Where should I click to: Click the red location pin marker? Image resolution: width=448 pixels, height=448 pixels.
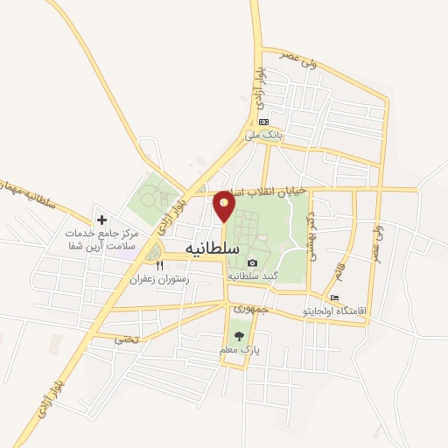click(225, 206)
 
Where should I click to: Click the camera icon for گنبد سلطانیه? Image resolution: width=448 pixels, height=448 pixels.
click(253, 262)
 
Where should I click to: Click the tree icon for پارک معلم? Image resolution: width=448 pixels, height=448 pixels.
click(240, 336)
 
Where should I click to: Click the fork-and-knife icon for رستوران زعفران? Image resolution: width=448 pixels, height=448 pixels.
click(159, 266)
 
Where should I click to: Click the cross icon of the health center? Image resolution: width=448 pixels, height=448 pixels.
click(101, 220)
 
